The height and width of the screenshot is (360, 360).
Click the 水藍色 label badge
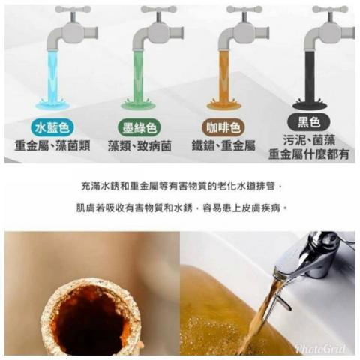click(x=52, y=128)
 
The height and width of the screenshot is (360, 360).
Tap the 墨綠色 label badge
click(x=139, y=128)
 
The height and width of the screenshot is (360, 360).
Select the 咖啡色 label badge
click(x=223, y=128)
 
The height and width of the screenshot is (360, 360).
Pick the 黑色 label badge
click(x=309, y=122)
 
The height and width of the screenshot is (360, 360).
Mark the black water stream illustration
click(x=310, y=75)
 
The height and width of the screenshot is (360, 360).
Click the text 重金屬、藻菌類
click(x=52, y=145)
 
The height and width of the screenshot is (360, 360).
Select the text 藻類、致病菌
click(x=139, y=145)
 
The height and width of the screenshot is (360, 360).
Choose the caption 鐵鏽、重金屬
click(x=223, y=145)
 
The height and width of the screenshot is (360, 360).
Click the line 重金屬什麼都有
click(x=309, y=154)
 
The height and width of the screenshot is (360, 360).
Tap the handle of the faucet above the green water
click(x=159, y=10)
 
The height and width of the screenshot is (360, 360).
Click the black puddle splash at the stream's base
click(x=310, y=104)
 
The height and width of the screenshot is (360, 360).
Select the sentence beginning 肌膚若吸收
click(x=181, y=208)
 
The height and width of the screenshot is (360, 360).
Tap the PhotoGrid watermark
click(x=321, y=348)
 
